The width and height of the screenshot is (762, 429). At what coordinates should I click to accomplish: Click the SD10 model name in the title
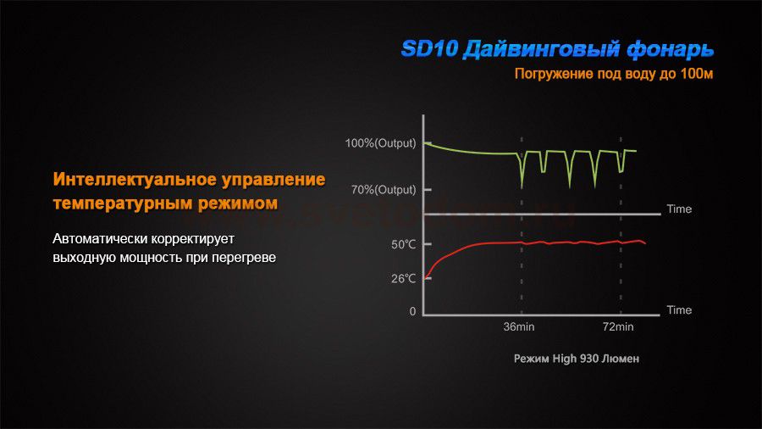point(429,49)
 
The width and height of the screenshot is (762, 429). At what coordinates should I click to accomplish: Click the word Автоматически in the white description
point(100,239)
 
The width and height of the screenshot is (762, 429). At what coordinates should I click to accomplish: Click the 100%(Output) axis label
point(380,143)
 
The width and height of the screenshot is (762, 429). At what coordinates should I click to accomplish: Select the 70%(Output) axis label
point(384,190)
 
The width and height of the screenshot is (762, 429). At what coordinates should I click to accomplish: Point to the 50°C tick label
point(403,244)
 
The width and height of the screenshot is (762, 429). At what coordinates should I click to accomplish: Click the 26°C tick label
point(403,279)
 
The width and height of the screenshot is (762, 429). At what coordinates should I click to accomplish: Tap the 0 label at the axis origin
point(412,311)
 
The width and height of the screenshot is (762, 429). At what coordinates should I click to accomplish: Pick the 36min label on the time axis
point(518,327)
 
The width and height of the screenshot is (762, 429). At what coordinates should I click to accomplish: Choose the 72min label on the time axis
point(618,327)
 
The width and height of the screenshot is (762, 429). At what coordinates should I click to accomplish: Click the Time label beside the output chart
point(679,209)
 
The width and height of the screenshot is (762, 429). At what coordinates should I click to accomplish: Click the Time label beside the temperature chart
point(679,310)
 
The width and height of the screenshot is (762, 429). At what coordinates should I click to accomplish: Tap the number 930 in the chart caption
point(589,359)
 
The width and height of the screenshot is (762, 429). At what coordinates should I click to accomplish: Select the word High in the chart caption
point(564,359)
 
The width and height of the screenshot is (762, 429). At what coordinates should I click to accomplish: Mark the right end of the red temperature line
point(645,243)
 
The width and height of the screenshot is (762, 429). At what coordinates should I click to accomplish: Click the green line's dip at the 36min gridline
point(522,187)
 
